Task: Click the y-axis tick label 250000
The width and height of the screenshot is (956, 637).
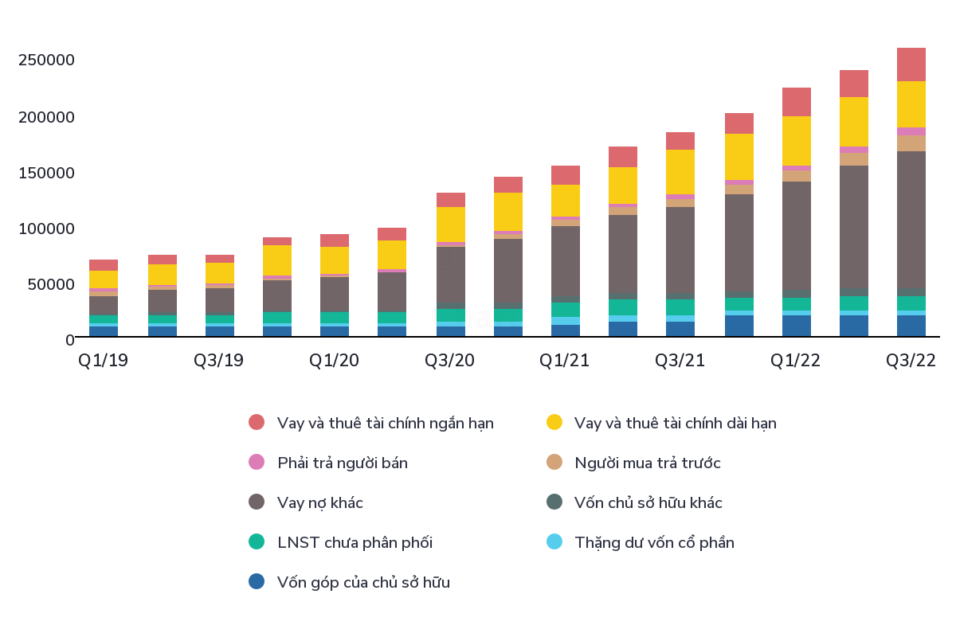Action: [x=46, y=61]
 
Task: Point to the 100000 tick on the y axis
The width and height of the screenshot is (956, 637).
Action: [x=46, y=229]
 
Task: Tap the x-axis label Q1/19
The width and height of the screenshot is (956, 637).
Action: [x=104, y=360]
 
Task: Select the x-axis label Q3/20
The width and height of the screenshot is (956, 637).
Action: [x=449, y=360]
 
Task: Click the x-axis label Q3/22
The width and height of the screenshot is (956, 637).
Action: [x=911, y=360]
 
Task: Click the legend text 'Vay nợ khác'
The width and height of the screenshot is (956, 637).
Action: [x=320, y=502]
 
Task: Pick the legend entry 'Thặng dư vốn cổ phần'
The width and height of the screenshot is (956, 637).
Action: [x=654, y=542]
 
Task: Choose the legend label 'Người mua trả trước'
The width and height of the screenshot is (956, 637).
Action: [x=647, y=463]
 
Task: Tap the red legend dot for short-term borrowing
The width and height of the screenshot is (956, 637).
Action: [x=257, y=423]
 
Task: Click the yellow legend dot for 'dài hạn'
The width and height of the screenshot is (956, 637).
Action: [x=554, y=423]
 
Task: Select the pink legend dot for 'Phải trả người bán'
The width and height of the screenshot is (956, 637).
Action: [x=257, y=463]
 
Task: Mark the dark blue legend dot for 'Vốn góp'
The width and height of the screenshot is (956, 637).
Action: [x=257, y=582]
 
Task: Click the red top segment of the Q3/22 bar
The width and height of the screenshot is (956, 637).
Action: [x=911, y=64]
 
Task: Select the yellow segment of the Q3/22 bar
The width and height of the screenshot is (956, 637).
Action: [x=911, y=104]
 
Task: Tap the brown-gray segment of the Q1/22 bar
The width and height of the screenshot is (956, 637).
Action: [x=797, y=235]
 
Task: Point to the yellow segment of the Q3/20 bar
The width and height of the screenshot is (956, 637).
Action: [x=451, y=225]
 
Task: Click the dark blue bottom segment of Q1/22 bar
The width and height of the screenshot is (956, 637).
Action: [x=797, y=326]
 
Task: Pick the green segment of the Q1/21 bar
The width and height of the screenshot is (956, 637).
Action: [x=566, y=310]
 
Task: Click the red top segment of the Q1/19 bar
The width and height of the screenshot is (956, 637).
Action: [x=104, y=265]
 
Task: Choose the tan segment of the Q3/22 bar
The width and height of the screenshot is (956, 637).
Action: [x=911, y=143]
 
